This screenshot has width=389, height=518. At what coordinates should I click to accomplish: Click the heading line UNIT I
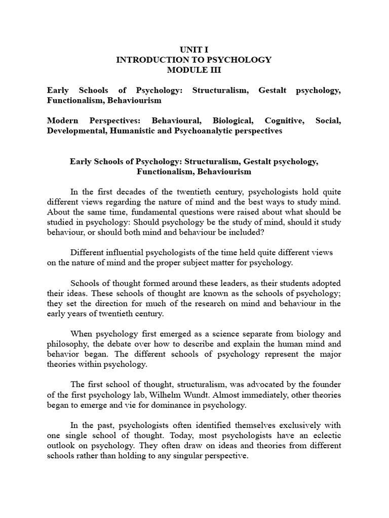coord(194,50)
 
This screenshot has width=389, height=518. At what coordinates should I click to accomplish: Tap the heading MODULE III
coord(194,70)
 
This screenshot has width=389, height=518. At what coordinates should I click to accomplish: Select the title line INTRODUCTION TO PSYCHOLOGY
coord(194,60)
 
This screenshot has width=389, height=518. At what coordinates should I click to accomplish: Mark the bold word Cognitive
coord(288,121)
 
